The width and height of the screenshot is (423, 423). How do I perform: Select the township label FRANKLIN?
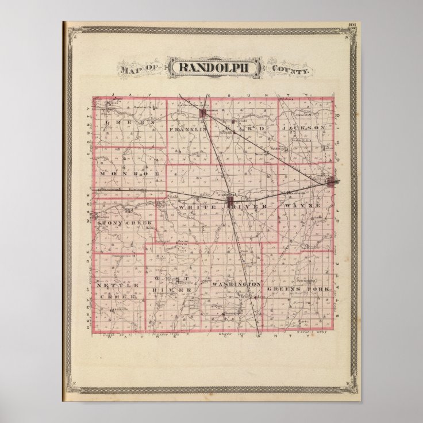pos(187,130)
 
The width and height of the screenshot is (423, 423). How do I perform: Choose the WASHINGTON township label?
pos(236,284)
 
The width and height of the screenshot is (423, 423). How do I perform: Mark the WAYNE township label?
pos(302,204)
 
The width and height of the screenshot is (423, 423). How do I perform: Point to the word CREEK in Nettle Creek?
pos(119,297)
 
